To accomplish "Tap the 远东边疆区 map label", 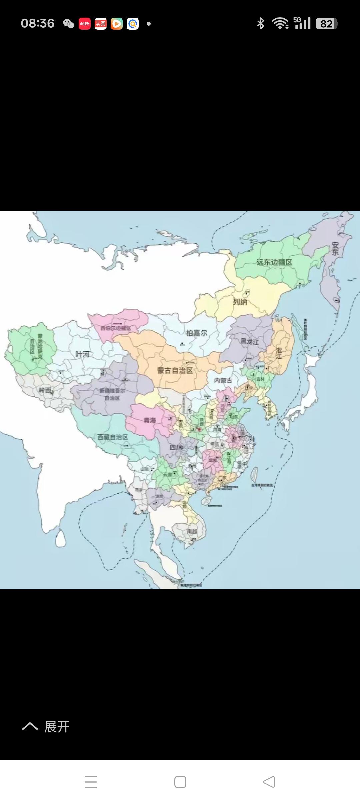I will (x=274, y=262).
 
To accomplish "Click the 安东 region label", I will (x=335, y=249).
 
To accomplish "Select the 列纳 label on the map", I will (x=240, y=302).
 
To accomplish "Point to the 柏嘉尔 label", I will (x=197, y=333).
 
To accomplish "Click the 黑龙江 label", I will (x=250, y=341).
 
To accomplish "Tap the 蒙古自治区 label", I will (x=175, y=370).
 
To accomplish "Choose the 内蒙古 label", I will (x=223, y=381).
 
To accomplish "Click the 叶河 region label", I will (x=82, y=354).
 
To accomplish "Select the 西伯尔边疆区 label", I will (x=116, y=328).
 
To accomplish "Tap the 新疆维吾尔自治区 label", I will (x=112, y=394).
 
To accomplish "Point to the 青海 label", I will (x=150, y=420).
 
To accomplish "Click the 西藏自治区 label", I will (x=113, y=437).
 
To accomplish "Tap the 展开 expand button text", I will (x=57, y=727).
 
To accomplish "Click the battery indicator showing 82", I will (x=327, y=24).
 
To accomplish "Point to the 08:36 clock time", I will (x=37, y=23).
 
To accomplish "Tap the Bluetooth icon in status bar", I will (x=261, y=23).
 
